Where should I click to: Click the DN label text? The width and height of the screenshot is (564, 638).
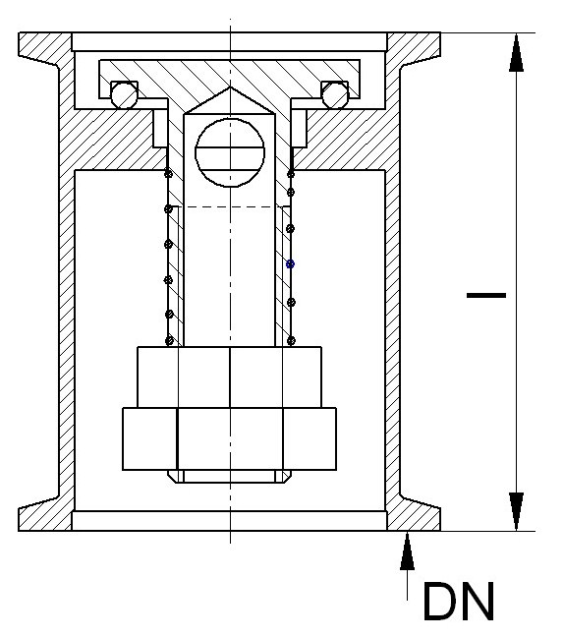click(459, 602)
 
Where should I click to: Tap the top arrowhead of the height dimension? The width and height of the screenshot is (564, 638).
click(517, 52)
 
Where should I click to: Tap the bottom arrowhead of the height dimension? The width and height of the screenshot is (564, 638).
click(517, 511)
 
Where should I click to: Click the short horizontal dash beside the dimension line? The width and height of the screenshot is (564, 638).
click(486, 295)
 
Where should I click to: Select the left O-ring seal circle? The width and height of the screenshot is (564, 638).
click(125, 94)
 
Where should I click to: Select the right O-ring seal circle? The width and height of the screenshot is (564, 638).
click(335, 94)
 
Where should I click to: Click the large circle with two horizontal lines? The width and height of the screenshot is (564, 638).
click(230, 152)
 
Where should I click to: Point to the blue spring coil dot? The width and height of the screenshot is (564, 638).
click(290, 264)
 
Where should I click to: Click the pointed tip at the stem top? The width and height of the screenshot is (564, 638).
click(230, 87)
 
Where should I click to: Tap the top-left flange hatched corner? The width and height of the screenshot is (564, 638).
click(45, 49)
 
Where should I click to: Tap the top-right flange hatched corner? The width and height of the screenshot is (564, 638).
click(414, 49)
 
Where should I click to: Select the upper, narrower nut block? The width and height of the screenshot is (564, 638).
click(229, 377)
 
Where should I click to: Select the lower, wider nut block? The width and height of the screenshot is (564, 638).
click(229, 438)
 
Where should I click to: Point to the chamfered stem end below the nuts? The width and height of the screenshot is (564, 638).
click(229, 477)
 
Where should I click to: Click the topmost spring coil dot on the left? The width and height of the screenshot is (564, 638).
click(168, 174)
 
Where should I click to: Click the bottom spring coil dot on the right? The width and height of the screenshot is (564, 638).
click(291, 340)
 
